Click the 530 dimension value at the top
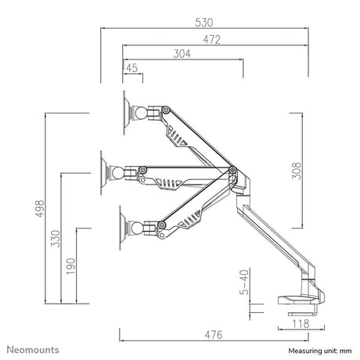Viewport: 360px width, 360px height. click(x=204, y=23)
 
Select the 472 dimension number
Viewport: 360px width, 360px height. click(x=212, y=40)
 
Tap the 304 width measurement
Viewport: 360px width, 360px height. click(x=182, y=54)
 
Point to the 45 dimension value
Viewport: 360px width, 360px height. click(x=131, y=68)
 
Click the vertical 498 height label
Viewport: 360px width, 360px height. click(x=40, y=208)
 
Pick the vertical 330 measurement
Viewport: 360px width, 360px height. click(x=56, y=239)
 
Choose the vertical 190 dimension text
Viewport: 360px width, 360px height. click(x=70, y=266)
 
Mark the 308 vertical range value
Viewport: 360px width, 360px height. click(x=296, y=171)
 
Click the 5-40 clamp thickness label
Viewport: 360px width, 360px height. click(x=244, y=283)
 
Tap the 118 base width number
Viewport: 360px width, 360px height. click(x=301, y=324)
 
